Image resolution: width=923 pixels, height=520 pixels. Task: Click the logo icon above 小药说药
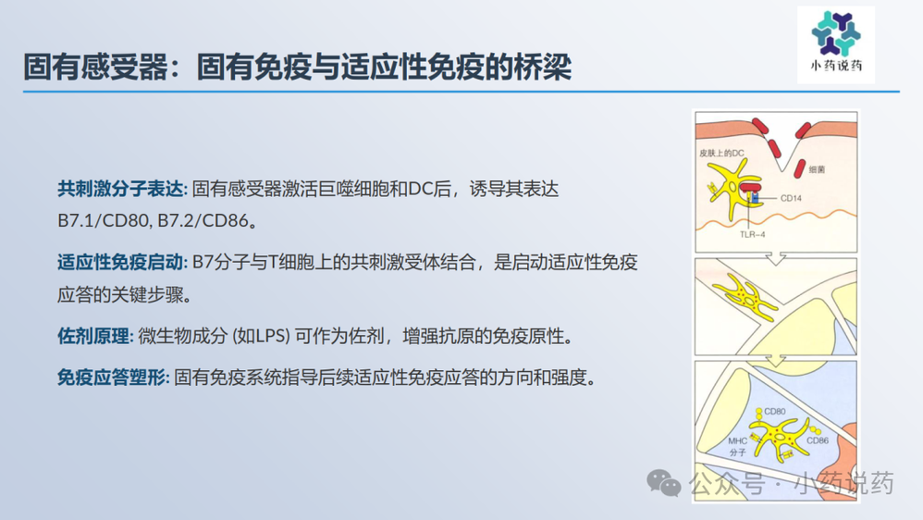[x=835, y=34]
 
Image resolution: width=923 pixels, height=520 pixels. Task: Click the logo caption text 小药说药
[x=835, y=68]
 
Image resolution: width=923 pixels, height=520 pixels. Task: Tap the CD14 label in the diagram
[x=791, y=198]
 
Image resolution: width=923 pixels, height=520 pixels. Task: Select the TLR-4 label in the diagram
[x=751, y=234]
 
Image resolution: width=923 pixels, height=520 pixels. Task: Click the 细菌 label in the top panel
[x=817, y=170]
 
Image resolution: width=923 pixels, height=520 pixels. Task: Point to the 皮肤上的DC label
[x=722, y=151]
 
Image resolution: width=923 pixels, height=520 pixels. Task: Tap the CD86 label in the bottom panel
[x=818, y=440]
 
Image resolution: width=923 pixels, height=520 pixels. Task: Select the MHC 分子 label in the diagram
[x=737, y=447]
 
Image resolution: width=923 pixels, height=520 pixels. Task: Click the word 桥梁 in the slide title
[x=545, y=68]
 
